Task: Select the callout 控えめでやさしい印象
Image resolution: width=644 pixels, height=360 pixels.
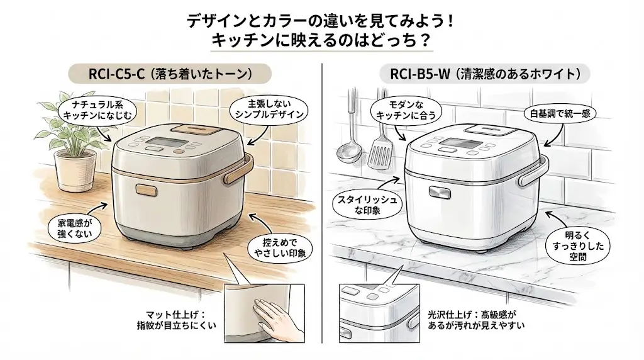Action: pyautogui.click(x=279, y=248)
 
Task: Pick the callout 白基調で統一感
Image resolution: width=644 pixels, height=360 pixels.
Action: pyautogui.click(x=560, y=114)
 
